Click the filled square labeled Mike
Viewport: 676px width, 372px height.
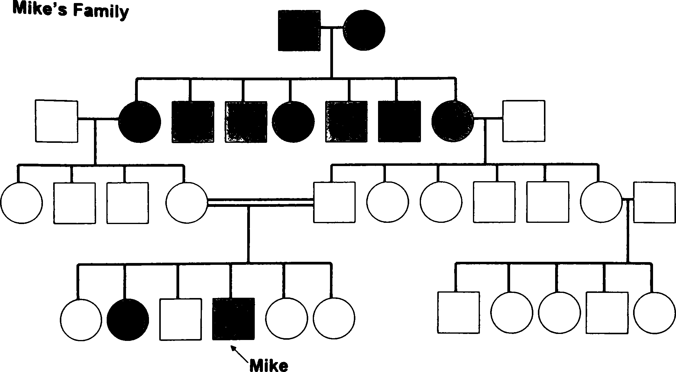(x=233, y=319)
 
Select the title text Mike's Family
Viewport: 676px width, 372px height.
(x=71, y=11)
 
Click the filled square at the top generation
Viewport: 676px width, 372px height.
(x=299, y=30)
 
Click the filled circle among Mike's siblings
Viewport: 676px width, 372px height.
(x=128, y=319)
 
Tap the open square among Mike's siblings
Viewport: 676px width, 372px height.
(x=180, y=319)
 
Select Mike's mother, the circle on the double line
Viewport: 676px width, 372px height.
(x=187, y=203)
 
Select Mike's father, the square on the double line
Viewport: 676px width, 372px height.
(x=334, y=202)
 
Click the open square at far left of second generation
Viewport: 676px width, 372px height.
(x=57, y=121)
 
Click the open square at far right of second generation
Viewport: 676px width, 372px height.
(x=524, y=121)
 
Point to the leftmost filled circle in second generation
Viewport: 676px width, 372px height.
(x=139, y=122)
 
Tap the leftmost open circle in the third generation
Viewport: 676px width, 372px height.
(x=21, y=203)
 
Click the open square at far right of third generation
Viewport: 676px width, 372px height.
(x=654, y=202)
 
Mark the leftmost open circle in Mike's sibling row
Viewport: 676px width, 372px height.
(x=81, y=319)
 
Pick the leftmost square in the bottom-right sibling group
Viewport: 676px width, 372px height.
(x=459, y=313)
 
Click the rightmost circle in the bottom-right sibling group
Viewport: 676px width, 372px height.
(x=654, y=313)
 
